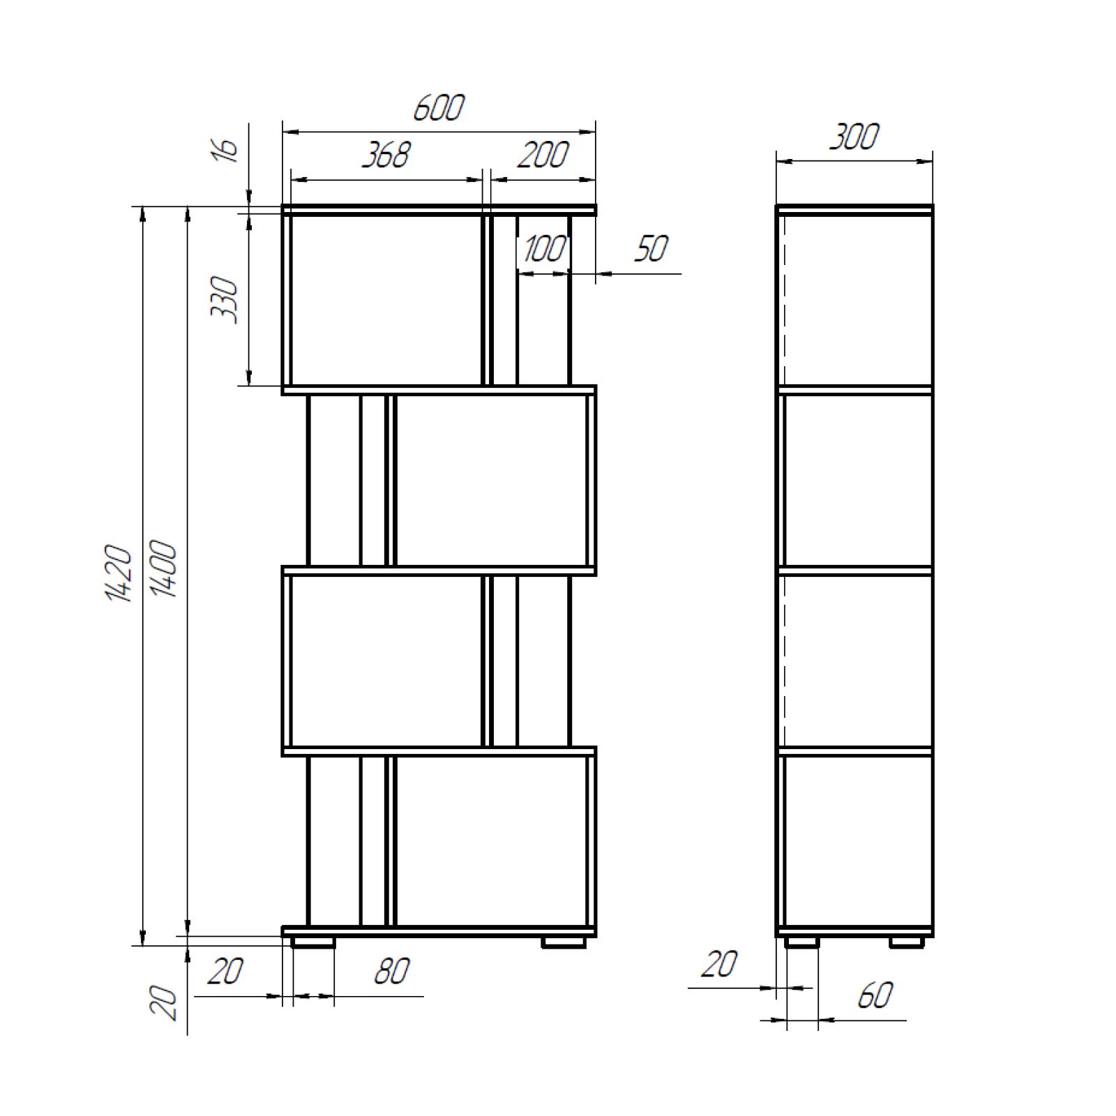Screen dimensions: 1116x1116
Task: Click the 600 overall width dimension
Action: (439, 108)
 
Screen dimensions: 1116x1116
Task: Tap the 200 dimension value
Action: (543, 155)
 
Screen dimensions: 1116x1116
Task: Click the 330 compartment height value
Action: (225, 300)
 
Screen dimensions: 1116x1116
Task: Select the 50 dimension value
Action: (651, 248)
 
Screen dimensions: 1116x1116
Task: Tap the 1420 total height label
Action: (119, 573)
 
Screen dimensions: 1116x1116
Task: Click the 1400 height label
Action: (165, 569)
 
